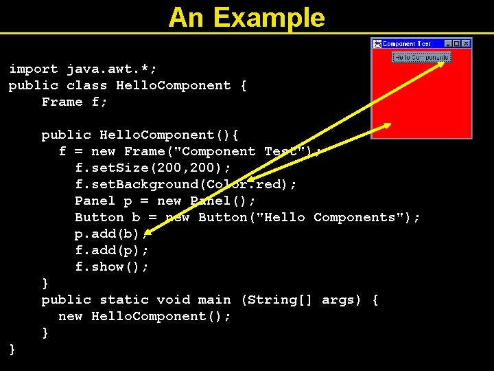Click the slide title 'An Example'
(x=247, y=17)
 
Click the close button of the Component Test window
(x=467, y=43)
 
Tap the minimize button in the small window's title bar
(x=449, y=43)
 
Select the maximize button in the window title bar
(x=457, y=43)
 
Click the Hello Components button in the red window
(x=421, y=57)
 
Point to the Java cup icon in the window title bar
(x=377, y=43)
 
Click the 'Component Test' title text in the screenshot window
(x=406, y=43)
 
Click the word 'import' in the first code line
(x=34, y=69)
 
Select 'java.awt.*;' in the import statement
(x=112, y=69)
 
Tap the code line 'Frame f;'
(x=75, y=102)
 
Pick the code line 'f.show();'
(x=112, y=267)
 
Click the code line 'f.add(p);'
(x=112, y=250)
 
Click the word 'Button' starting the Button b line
(x=99, y=217)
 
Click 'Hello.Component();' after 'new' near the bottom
(x=161, y=316)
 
